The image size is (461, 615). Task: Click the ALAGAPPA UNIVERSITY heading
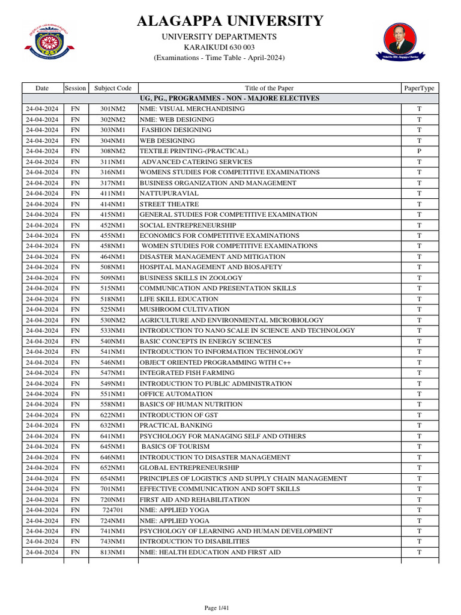click(x=230, y=22)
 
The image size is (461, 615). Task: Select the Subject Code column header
click(x=113, y=88)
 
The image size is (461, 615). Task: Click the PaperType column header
click(x=419, y=88)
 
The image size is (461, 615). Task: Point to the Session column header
click(x=75, y=88)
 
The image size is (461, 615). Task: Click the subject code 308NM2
click(x=113, y=151)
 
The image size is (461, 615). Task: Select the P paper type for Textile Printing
click(x=419, y=151)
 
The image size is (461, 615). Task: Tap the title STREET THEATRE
click(x=169, y=204)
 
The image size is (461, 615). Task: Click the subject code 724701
click(x=113, y=510)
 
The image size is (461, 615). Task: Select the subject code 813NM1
click(x=113, y=553)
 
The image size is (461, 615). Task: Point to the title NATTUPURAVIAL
click(x=169, y=193)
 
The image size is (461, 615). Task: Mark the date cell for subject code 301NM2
click(x=42, y=109)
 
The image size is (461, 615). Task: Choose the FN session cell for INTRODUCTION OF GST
click(x=75, y=415)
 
